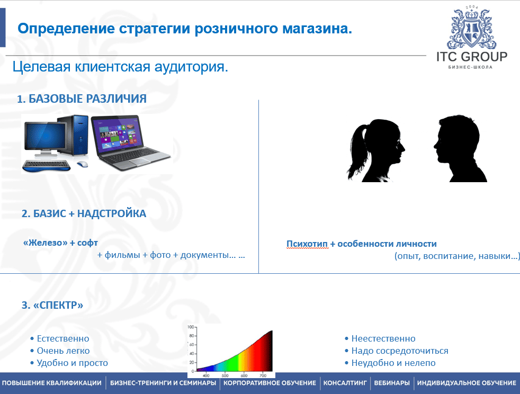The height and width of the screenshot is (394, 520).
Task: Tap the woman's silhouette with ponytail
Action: coord(375,150)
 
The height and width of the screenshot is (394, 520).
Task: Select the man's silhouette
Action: coord(459,148)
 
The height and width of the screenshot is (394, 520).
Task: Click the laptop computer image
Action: coord(130,142)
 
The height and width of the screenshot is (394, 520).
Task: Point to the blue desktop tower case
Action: coord(74,135)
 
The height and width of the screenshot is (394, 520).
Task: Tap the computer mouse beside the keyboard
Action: coord(83,164)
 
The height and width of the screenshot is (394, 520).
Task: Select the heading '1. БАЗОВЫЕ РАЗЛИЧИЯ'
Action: coord(82,98)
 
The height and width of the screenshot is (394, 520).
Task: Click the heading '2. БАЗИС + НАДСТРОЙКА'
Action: coord(84,213)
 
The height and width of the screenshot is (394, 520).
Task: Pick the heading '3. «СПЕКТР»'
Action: coord(52,305)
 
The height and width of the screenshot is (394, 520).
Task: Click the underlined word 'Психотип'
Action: coord(307,244)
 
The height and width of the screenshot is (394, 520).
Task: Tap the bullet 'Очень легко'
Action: coord(63,351)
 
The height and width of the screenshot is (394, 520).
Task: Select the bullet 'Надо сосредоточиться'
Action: coord(400,351)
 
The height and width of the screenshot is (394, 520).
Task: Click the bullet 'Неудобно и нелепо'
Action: coord(393,363)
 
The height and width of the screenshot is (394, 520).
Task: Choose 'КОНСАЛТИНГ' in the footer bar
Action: coord(345,383)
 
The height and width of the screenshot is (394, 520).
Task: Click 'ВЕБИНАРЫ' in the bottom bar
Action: coord(392,383)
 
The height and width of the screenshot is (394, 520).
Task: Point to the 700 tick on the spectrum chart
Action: coord(263,375)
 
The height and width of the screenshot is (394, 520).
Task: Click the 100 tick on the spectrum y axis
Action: coord(191,327)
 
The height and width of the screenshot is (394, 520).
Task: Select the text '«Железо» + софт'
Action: coord(60,243)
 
